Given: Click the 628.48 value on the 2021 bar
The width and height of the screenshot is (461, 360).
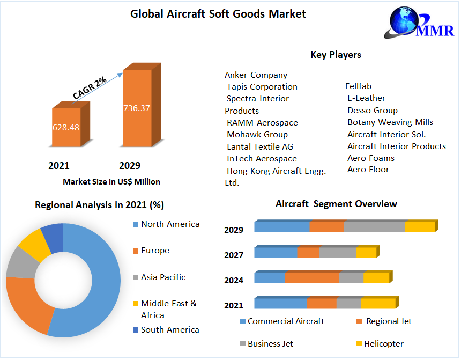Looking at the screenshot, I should (x=66, y=128).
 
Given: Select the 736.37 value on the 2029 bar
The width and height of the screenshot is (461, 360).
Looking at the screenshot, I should (x=137, y=108).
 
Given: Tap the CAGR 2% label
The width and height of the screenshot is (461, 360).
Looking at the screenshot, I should (x=90, y=88).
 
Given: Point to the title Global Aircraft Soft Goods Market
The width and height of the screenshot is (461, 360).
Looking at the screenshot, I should (x=218, y=14).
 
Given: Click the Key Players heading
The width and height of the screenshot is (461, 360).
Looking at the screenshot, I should (x=336, y=55).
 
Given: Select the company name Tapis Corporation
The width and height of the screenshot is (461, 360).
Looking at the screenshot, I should (x=262, y=87).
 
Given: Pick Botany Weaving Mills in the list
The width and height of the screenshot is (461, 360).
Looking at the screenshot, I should (x=390, y=122).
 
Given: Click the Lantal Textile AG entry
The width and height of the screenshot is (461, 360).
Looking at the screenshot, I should (x=259, y=146).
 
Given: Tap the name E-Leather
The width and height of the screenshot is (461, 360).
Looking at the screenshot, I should (x=366, y=98).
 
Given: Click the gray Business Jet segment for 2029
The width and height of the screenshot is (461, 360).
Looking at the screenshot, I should (x=374, y=227).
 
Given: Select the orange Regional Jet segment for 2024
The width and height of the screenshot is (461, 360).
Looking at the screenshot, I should (x=312, y=278).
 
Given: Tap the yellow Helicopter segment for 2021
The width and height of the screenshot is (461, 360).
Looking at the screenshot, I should (x=377, y=304).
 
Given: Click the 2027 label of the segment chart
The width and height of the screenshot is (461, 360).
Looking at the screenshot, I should (x=234, y=255).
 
